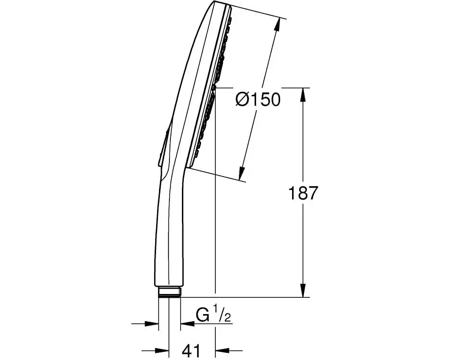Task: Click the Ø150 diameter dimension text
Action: [258, 100]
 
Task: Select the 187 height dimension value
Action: [303, 193]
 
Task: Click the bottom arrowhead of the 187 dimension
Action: [303, 291]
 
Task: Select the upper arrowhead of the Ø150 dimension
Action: [277, 23]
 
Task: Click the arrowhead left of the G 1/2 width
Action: [153, 324]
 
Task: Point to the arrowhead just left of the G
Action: [186, 324]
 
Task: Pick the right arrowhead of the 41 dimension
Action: [221, 349]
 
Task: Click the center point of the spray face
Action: [214, 89]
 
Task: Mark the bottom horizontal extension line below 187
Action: [249, 297]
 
